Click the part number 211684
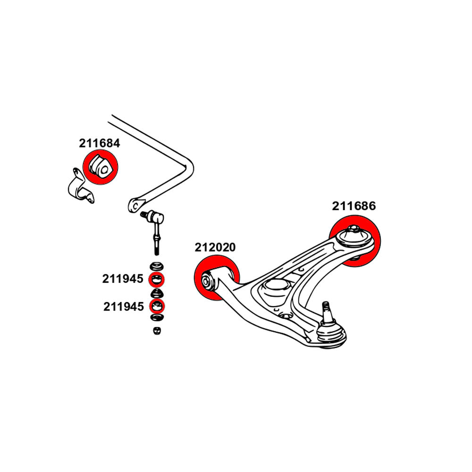pos(99,143)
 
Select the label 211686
pos(354,206)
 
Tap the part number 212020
pos(215,247)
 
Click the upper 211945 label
pos(122,279)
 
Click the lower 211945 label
pos(123,307)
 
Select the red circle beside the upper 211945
pos(156,280)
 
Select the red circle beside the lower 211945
pos(156,307)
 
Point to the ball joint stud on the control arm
pos(325,311)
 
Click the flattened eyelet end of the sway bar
pos(135,205)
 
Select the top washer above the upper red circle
pos(156,265)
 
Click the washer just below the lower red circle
pos(156,318)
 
